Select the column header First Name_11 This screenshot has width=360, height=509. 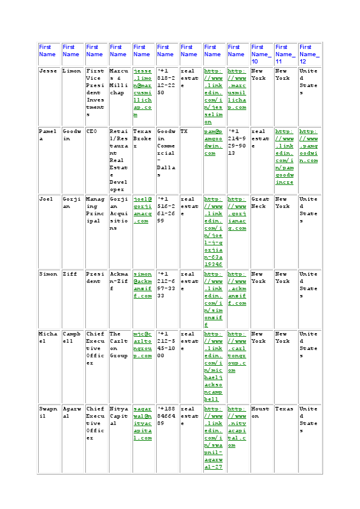pyautogui.click(x=285, y=54)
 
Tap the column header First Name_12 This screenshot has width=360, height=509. pyautogui.click(x=309, y=54)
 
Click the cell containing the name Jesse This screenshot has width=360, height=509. pyautogui.click(x=48, y=71)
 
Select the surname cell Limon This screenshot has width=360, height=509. pyautogui.click(x=71, y=71)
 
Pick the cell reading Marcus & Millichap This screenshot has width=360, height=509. pyautogui.click(x=119, y=82)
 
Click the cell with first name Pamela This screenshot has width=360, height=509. pyautogui.click(x=48, y=134)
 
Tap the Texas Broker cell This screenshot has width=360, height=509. pyautogui.click(x=143, y=138)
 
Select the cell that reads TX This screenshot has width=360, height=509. pyautogui.click(x=184, y=131)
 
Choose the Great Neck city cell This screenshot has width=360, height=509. pyautogui.click(x=260, y=202)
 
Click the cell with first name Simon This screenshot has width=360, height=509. pyautogui.click(x=48, y=274)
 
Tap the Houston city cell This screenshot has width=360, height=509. pyautogui.click(x=260, y=412)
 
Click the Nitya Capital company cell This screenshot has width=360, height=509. pyautogui.click(x=119, y=412)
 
